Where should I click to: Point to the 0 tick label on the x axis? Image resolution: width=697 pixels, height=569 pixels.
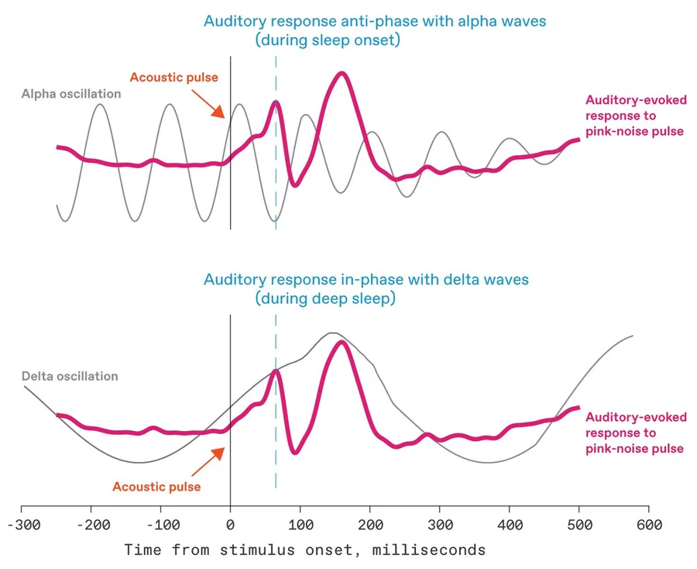pos(230,525)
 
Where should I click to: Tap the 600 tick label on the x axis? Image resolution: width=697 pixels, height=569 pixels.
pos(649,525)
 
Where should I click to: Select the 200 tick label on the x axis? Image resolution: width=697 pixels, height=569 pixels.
pos(370,525)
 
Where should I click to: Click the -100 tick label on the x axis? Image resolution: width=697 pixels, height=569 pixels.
pos(160,525)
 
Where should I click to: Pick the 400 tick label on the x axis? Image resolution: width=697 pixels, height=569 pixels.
pos(510,525)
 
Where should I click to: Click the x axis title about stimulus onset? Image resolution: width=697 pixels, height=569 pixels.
pos(305,550)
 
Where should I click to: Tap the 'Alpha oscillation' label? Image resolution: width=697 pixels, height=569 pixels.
pos(71,94)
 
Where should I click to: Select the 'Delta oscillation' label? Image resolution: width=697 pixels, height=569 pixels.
pos(70,377)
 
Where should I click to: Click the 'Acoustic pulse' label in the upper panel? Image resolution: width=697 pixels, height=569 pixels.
pos(173,78)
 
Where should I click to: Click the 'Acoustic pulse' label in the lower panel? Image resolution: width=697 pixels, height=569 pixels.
pos(156,487)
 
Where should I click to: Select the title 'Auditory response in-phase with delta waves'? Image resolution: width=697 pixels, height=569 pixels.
pos(366,279)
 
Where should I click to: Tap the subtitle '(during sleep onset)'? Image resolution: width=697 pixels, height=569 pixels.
pos(328,40)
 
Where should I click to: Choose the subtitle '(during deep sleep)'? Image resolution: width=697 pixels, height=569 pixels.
pos(325,298)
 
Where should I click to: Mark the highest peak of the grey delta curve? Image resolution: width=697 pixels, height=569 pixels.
pos(331,333)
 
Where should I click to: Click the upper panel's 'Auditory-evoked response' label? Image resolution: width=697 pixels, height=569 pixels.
pos(635,116)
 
